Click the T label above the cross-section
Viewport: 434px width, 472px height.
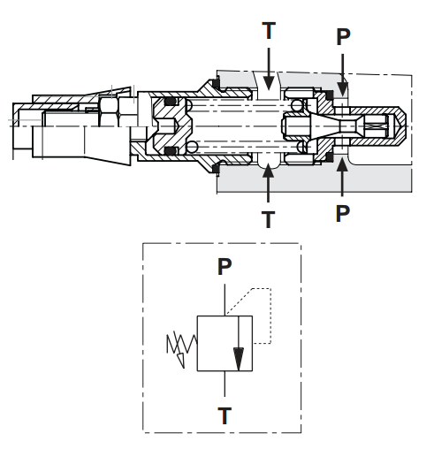tap(269, 30)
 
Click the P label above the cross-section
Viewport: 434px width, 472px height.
tap(343, 37)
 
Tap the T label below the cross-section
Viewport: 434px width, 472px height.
tap(268, 219)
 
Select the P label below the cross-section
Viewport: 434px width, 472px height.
tap(342, 213)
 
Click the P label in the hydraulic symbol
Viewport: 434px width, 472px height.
tap(225, 266)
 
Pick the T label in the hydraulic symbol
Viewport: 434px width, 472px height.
tap(225, 415)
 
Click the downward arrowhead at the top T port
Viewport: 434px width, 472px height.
tap(269, 83)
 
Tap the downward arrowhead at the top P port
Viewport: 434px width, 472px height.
tap(342, 88)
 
